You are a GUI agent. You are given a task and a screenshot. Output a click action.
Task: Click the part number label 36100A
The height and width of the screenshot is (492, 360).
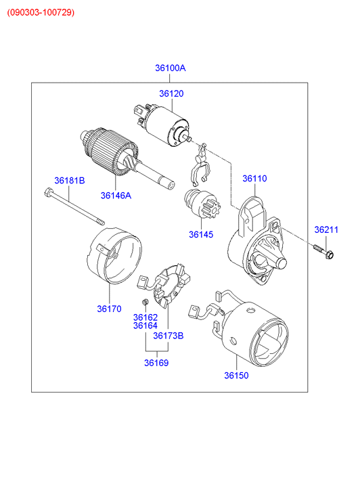coord(170,68)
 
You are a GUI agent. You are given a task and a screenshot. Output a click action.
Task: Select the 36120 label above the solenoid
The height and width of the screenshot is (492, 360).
coord(171,93)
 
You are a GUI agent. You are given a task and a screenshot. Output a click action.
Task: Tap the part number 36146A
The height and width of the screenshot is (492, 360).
coord(116,196)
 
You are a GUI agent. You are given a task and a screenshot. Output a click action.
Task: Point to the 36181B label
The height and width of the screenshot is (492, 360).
coord(70,181)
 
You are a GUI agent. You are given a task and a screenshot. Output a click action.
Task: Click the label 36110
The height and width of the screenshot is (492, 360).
coord(254,178)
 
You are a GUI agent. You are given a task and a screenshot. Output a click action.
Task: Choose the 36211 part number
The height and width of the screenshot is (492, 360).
coord(326,229)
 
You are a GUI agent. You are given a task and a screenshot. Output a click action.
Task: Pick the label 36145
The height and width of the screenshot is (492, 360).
coord(201,234)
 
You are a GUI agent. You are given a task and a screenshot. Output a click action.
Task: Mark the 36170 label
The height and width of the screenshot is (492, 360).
coord(109,309)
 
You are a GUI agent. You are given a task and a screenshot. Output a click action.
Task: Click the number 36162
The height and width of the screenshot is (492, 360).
coord(145,317)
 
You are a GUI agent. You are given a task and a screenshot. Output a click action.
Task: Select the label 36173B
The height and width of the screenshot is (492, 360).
coord(168,336)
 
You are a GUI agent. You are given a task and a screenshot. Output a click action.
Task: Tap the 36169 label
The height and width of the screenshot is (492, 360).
coord(156,363)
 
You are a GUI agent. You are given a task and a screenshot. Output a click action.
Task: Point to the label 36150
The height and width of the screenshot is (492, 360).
coord(236,376)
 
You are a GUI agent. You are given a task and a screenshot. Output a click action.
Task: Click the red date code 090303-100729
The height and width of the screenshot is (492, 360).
coord(41,13)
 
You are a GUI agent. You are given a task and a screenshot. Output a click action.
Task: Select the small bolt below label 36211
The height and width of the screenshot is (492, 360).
coord(323,252)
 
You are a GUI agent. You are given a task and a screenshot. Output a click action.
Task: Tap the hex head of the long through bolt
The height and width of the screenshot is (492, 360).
coord(48,192)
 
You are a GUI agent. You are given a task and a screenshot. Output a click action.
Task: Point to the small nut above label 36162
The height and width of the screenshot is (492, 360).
coord(145,302)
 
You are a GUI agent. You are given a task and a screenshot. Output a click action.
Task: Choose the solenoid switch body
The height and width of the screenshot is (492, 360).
coord(162,125)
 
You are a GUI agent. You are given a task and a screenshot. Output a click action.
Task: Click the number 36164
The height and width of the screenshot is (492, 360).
coord(145,326)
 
